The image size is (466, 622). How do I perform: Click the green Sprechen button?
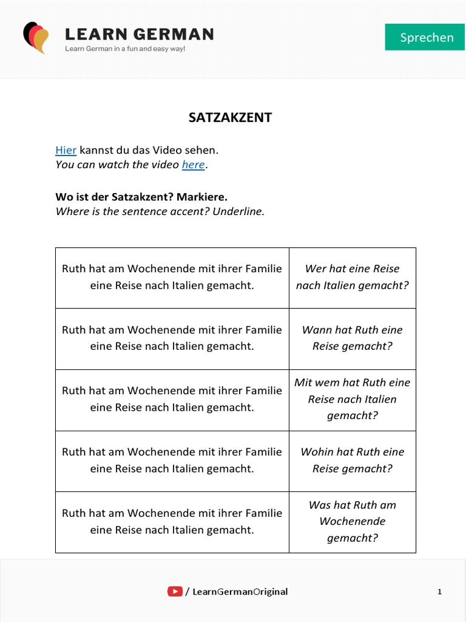click(427, 37)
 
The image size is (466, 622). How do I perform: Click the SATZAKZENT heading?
click(230, 118)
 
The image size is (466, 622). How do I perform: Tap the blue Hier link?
click(66, 149)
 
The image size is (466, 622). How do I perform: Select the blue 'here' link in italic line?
click(193, 165)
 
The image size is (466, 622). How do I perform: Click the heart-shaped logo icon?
click(36, 37)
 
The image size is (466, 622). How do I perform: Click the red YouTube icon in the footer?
click(175, 591)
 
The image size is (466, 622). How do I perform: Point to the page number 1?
click(439, 592)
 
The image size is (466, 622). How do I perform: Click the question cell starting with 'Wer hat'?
click(353, 277)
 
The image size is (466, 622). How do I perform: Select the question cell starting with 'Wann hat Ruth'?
click(353, 338)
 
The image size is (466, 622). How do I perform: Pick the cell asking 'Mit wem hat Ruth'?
click(353, 399)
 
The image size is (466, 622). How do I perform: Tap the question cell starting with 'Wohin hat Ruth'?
click(353, 460)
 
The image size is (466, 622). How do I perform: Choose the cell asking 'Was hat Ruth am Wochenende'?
click(353, 522)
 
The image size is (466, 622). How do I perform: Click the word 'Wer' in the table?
click(316, 268)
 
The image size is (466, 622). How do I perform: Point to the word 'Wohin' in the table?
click(316, 452)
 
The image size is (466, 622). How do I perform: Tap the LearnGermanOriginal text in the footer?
click(240, 592)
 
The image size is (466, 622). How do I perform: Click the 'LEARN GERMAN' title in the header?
click(139, 34)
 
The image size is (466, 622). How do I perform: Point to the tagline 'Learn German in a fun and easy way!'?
click(125, 49)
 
